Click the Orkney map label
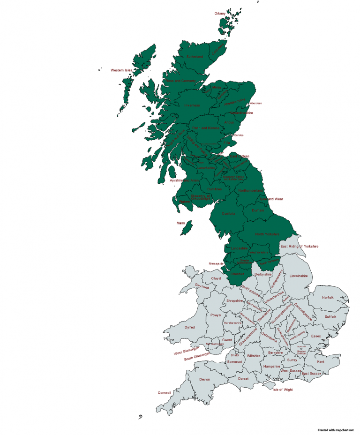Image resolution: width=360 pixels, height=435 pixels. point(220,13)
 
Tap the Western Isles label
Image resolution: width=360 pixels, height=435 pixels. point(121,70)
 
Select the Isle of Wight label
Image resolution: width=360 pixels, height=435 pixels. point(283,390)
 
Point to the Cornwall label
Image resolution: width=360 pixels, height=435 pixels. point(165,392)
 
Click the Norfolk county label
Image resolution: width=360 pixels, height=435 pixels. point(328,297)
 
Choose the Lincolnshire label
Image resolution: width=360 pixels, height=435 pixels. point(299,276)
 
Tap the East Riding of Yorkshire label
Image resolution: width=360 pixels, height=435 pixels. point(300,246)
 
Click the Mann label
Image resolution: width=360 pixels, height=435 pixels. point(181,223)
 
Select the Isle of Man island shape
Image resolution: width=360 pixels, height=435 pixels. point(187,229)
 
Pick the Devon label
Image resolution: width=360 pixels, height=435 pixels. point(204,379)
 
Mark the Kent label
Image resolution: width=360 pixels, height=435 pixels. point(321,361)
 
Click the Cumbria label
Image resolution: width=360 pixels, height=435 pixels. point(228,213)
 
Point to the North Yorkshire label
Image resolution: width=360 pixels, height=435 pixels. point(267,234)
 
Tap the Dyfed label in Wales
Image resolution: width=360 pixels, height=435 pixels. point(189,327)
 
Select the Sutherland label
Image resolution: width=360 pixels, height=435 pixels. point(195,57)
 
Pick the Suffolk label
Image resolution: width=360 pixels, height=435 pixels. point(330,317)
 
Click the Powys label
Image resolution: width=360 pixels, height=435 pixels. point(216,315)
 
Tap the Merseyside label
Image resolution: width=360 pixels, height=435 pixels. point(217,263)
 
